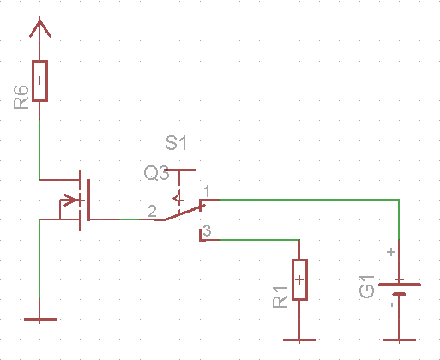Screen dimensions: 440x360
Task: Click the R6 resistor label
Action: point(21,97)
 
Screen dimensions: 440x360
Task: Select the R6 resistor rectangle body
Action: point(39,81)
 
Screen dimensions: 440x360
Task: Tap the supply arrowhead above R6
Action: point(40,28)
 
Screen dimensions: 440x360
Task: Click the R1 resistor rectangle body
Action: point(299,279)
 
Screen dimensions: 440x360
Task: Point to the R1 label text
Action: point(280,297)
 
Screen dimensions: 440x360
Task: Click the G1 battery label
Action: point(366,287)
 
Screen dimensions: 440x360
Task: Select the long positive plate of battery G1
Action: point(400,285)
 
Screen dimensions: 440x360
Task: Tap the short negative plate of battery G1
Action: point(399,294)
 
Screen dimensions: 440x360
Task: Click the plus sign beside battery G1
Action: point(391,252)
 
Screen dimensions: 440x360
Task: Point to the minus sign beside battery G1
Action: point(392,304)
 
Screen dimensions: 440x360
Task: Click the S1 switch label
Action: point(176,143)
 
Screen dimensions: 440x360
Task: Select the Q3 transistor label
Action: point(156,173)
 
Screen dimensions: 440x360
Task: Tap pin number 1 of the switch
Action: point(207,191)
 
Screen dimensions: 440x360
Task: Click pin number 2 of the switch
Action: point(153,211)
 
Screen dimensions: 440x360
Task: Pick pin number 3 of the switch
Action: point(207,231)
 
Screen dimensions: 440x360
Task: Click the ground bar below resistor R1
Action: point(299,339)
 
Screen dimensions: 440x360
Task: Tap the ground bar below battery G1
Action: point(400,339)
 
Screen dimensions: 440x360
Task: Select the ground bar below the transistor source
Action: point(40,319)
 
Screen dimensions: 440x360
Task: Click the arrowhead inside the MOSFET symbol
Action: point(70,200)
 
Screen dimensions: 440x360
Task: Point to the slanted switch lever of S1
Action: point(183,213)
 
